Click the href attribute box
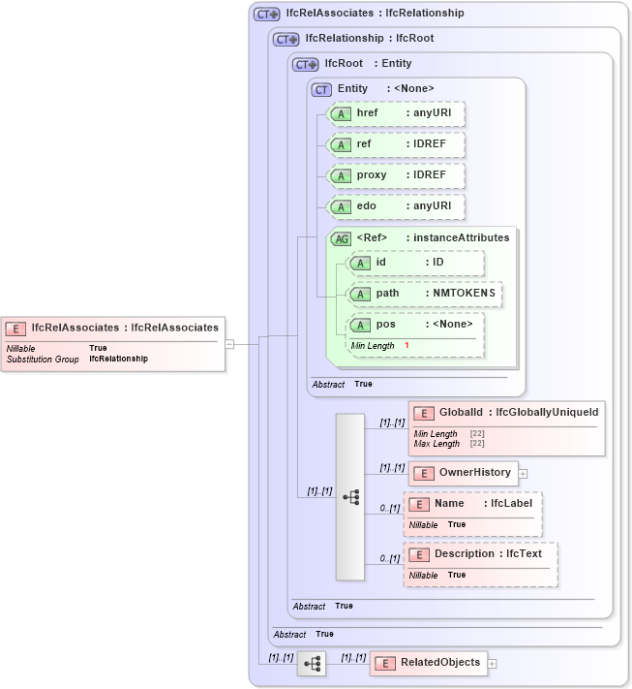point(396,113)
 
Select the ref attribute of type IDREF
point(396,144)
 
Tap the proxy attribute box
point(396,175)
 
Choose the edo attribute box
point(396,206)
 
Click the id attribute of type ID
point(415,263)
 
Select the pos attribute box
point(415,325)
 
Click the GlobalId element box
point(507,413)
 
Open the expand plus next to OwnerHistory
point(524,474)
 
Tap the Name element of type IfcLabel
point(472,504)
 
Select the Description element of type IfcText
point(480,554)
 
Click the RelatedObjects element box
point(428,663)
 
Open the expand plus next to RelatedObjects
point(493,664)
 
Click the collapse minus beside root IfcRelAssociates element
point(229,343)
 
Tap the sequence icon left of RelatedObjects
point(312,664)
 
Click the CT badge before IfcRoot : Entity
point(306,64)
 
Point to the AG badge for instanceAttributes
point(342,238)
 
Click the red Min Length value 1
point(406,346)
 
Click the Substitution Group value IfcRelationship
point(118,359)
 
